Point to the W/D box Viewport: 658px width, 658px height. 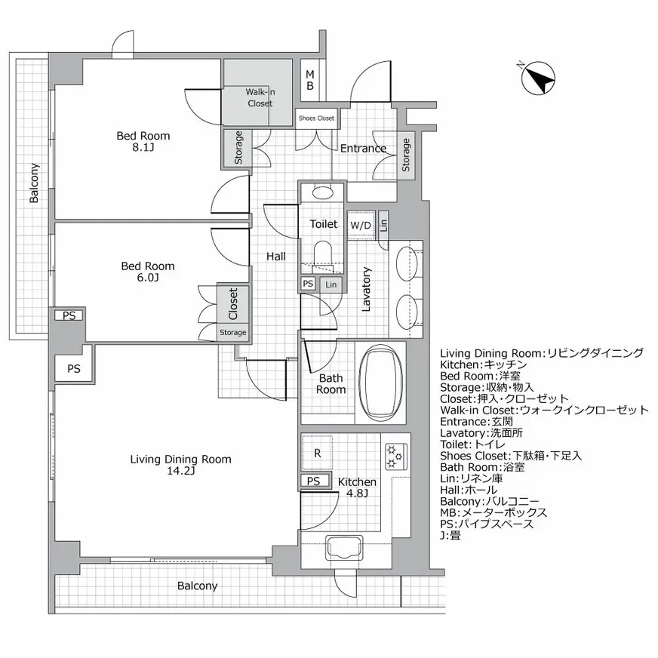360,225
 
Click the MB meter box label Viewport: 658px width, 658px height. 310,80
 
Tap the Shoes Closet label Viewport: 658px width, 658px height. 316,118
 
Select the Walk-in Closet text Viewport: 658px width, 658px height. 259,98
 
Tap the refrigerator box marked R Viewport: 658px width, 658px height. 317,454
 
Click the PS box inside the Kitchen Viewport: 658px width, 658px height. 314,481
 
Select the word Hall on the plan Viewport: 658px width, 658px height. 275,257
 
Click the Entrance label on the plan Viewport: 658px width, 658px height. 362,149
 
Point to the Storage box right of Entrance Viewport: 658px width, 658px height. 405,155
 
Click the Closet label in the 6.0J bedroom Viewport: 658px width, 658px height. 233,303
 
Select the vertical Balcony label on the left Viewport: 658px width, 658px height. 34,183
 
